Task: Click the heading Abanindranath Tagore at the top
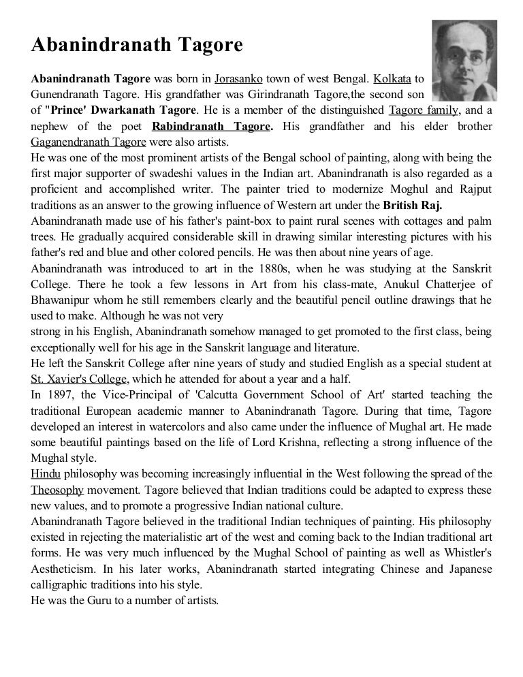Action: click(137, 46)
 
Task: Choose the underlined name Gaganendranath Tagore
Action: click(88, 142)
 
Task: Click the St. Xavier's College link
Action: click(79, 379)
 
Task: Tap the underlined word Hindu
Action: click(44, 473)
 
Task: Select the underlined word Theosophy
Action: click(57, 490)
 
